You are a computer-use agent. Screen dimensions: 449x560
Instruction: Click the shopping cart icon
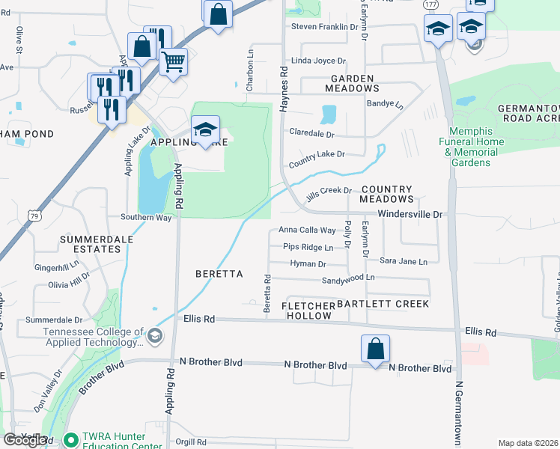(173, 61)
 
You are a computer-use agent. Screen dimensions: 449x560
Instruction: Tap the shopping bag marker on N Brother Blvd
(375, 349)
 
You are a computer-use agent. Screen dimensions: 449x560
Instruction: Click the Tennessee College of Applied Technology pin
(154, 336)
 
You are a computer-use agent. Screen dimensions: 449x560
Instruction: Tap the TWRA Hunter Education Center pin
(70, 440)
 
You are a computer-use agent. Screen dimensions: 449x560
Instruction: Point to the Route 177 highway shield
(430, 4)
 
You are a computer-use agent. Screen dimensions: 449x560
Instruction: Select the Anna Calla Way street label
(308, 230)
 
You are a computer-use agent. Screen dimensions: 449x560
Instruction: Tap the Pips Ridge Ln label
(308, 247)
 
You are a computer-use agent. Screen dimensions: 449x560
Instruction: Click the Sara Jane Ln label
(403, 261)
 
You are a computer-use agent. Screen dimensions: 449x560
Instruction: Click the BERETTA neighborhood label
(219, 274)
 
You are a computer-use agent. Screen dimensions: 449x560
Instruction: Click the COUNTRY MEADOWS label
(386, 195)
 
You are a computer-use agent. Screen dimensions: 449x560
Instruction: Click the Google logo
(24, 440)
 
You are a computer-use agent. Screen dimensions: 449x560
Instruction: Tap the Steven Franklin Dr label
(325, 27)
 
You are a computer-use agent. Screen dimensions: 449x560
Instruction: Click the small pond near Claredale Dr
(328, 114)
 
